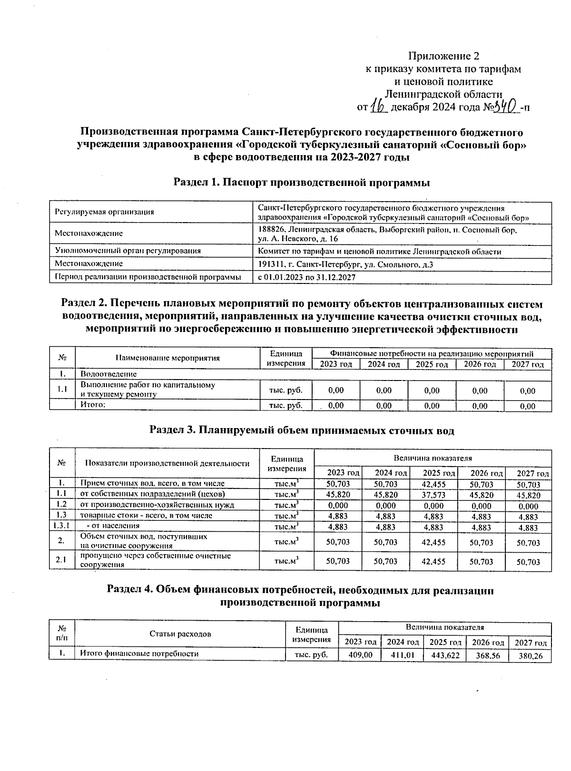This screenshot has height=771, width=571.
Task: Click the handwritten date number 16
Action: pyautogui.click(x=380, y=107)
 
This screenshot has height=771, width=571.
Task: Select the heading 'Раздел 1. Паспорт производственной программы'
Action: pyautogui.click(x=301, y=183)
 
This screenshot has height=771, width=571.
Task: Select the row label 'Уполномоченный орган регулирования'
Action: pyautogui.click(x=128, y=251)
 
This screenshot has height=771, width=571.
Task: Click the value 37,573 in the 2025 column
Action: pyautogui.click(x=433, y=495)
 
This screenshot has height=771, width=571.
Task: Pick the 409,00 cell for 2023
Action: pyautogui.click(x=360, y=655)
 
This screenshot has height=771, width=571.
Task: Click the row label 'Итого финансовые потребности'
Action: pyautogui.click(x=139, y=654)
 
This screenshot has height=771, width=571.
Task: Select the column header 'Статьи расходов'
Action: pyautogui.click(x=180, y=634)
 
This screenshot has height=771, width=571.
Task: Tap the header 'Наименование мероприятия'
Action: pyautogui.click(x=167, y=358)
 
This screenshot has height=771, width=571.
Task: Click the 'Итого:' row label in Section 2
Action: pyautogui.click(x=92, y=405)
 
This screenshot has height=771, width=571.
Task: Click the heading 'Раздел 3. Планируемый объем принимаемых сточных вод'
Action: pyautogui.click(x=302, y=431)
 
